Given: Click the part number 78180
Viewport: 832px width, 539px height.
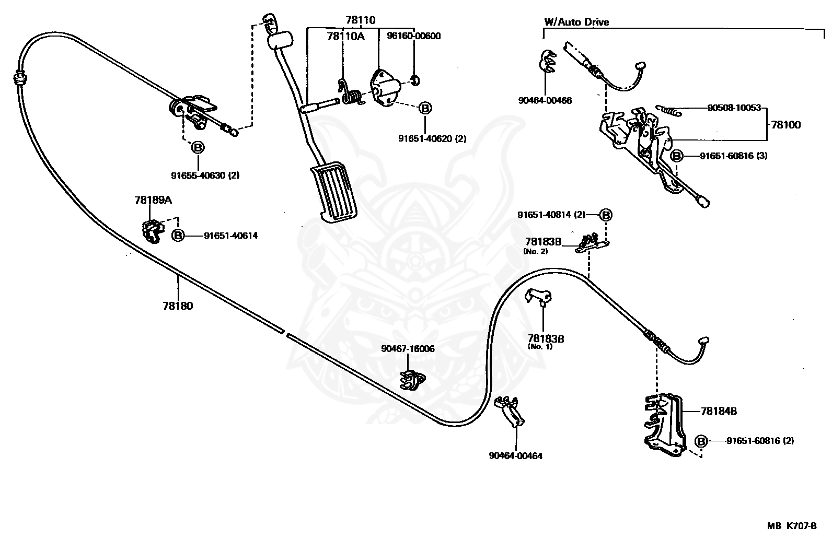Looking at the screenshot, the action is (x=178, y=306).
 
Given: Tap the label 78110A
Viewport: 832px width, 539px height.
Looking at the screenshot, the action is (x=346, y=36).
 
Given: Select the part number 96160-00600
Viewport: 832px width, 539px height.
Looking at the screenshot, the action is (x=414, y=36).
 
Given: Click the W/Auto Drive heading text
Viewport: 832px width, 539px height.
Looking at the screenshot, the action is (x=576, y=22).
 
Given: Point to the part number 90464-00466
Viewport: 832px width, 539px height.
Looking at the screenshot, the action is (x=545, y=101).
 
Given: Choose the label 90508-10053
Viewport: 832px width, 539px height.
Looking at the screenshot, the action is (x=734, y=108).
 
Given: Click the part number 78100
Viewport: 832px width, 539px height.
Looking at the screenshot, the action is (x=786, y=125).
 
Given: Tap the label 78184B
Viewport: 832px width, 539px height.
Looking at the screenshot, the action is (x=719, y=411).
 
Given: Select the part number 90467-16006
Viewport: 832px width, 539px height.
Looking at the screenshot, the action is (x=408, y=349).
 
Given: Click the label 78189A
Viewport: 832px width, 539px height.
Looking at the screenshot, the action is (x=153, y=200).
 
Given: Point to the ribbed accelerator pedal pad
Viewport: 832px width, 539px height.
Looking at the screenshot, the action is (x=333, y=192).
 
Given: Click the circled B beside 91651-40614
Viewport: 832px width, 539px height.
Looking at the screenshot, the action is (x=178, y=236).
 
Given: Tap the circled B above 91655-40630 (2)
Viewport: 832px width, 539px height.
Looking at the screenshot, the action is (x=198, y=147).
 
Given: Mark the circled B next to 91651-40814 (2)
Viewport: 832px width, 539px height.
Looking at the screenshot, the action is (x=606, y=215).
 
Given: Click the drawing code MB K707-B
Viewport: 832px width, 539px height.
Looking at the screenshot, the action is (x=792, y=525).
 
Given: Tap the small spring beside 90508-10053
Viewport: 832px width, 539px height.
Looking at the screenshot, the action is (x=668, y=110).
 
